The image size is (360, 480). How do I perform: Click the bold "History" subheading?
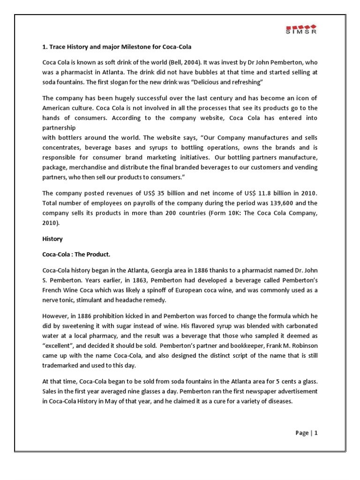[52, 239]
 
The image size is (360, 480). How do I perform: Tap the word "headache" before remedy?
[129, 300]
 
